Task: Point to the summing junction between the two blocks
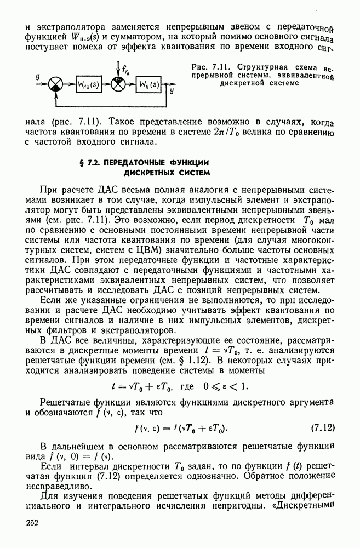point(118,84)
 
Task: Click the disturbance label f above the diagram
point(125,70)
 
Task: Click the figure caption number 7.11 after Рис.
point(219,67)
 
